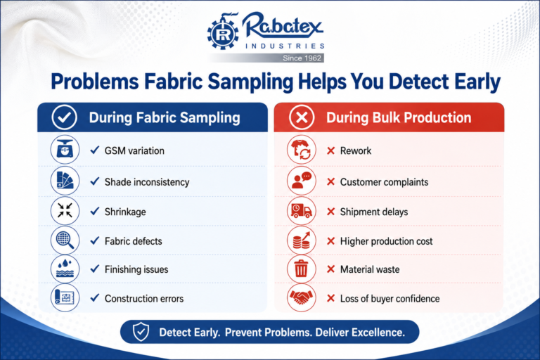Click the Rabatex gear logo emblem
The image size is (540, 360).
(223, 32)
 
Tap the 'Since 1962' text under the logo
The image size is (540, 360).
(302, 58)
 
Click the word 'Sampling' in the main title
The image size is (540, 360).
(250, 82)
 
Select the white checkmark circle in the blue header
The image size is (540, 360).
(65, 117)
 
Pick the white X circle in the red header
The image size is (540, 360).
(302, 117)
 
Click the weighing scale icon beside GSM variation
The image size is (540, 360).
(65, 150)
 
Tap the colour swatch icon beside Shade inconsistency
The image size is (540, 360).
(65, 181)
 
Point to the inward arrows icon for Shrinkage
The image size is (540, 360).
(65, 210)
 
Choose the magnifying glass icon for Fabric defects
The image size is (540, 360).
(65, 240)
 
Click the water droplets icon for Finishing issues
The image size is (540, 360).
(65, 269)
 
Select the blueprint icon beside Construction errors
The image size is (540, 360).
(65, 297)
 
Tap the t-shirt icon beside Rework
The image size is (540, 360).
(302, 150)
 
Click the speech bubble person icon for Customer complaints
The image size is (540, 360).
(302, 181)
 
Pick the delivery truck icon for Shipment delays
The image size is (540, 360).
(302, 210)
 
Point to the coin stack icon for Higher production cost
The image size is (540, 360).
(302, 240)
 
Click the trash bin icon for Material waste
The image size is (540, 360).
(302, 269)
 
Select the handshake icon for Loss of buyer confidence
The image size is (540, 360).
(302, 297)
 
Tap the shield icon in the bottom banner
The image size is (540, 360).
(141, 332)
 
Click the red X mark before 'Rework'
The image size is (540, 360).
(330, 150)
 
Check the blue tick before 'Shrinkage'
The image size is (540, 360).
(95, 211)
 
